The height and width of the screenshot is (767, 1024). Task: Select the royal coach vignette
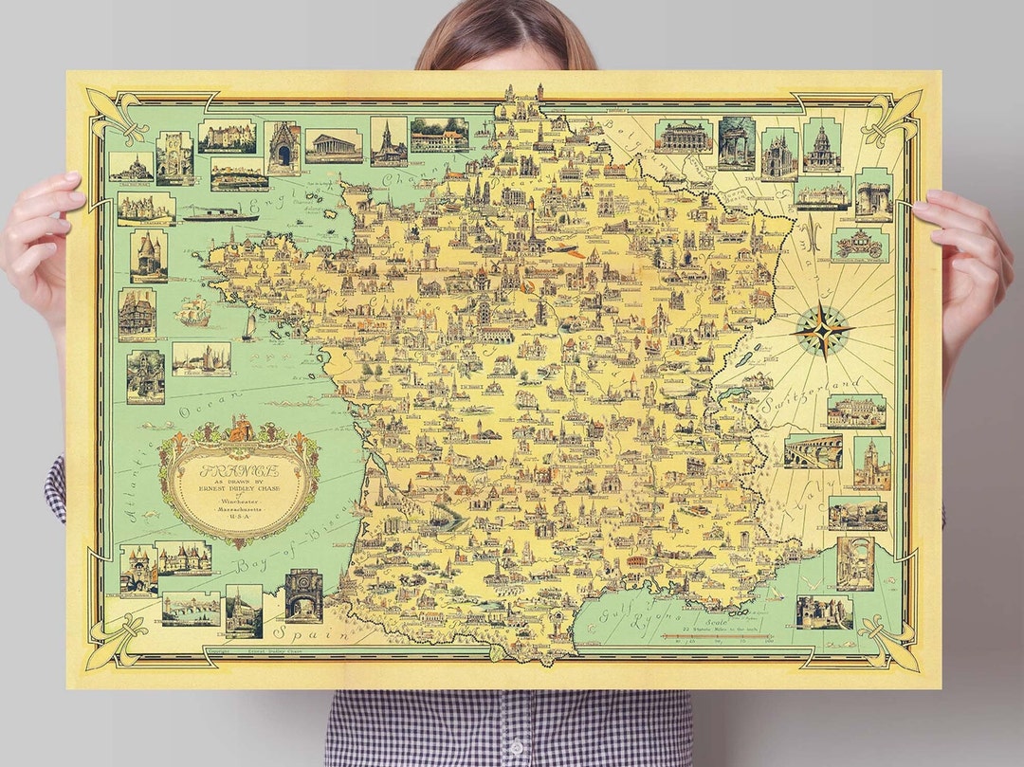(859, 245)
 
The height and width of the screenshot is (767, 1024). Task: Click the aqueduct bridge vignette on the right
(813, 451)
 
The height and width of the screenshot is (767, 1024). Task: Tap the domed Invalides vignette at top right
(821, 147)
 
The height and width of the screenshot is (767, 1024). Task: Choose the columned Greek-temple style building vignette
(334, 145)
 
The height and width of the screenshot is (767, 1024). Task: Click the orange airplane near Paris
(567, 249)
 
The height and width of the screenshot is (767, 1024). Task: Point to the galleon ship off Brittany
(193, 309)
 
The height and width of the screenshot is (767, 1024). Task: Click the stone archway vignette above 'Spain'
(303, 594)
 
